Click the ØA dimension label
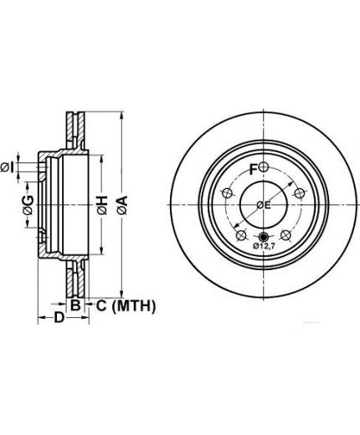122,205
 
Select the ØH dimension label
102,205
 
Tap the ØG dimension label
28,205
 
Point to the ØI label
8,167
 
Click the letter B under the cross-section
75,304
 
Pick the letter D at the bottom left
59,317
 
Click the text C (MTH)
126,305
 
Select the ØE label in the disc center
264,205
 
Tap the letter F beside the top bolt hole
253,169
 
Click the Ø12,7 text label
264,246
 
